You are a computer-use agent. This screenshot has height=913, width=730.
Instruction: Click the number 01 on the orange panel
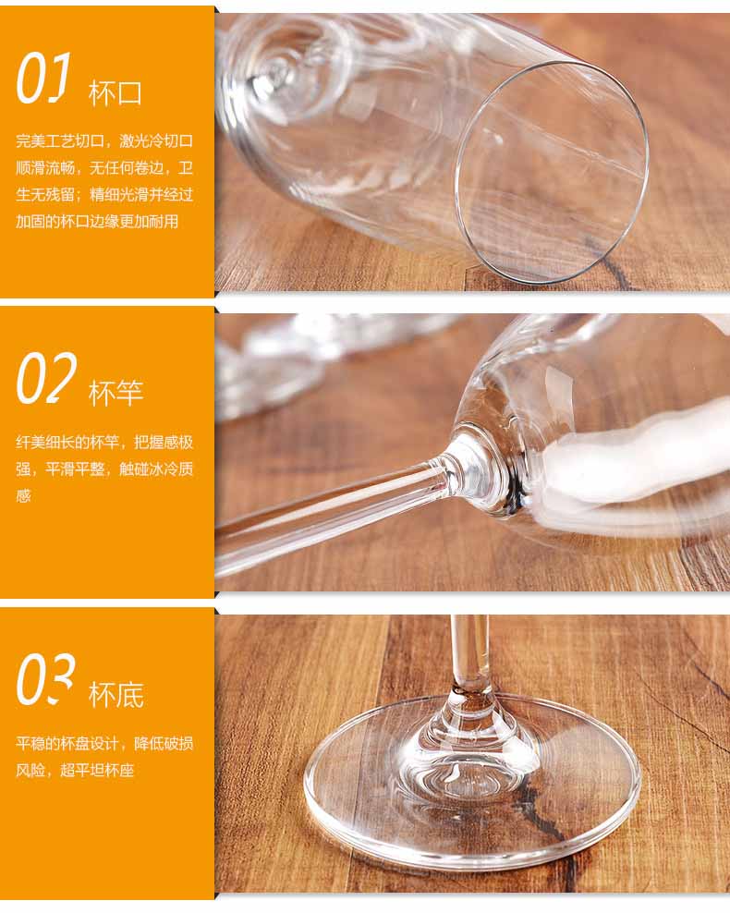43,79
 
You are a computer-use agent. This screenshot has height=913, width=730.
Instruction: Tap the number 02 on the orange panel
46,379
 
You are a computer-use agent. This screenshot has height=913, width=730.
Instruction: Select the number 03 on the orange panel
46,679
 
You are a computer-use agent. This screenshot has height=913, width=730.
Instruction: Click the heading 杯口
116,93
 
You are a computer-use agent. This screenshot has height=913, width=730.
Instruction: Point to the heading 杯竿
116,395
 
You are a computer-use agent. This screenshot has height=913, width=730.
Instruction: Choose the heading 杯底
116,695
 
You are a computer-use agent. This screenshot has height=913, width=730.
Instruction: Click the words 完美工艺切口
60,140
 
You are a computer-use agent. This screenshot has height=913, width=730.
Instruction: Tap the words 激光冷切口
156,140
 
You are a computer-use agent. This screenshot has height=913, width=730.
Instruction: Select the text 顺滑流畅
45,168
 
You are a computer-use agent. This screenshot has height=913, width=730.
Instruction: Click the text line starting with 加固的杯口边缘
97,222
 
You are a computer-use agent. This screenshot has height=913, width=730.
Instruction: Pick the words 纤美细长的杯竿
67,443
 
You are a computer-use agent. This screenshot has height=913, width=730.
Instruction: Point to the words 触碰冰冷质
156,469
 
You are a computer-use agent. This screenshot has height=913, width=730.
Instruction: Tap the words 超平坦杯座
97,771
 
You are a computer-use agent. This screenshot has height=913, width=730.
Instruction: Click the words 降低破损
164,744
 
